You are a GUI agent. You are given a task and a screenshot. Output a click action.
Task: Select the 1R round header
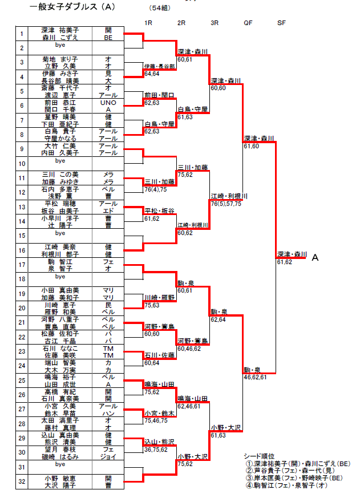tap(148, 23)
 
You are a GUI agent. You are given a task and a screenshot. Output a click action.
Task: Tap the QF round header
tap(248, 23)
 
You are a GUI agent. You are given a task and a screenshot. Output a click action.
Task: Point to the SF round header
tap(281, 23)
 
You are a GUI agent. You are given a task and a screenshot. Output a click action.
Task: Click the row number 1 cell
tap(21, 34)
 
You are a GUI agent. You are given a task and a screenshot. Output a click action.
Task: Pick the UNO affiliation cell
tap(108, 103)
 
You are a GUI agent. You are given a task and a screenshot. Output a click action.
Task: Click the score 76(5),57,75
tap(226, 204)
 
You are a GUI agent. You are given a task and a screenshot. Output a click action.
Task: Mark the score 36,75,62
tap(156, 449)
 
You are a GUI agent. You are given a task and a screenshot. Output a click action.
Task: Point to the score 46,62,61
tap(256, 377)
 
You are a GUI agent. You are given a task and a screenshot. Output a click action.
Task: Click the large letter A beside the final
tap(315, 258)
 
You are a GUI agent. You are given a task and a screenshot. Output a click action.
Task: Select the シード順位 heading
tap(259, 456)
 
